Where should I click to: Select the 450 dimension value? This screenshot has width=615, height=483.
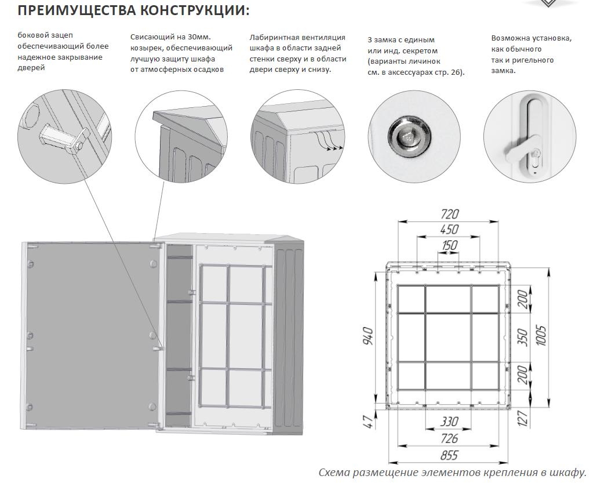[x=450, y=230]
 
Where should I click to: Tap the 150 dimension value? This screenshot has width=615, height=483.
[x=450, y=245]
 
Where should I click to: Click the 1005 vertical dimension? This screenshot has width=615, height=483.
[x=541, y=336]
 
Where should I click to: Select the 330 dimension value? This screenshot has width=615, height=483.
[x=450, y=422]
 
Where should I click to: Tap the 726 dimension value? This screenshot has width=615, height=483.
[x=450, y=438]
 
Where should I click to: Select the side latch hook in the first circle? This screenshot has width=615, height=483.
[x=58, y=137]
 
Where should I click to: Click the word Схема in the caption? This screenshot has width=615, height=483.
[x=334, y=473]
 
